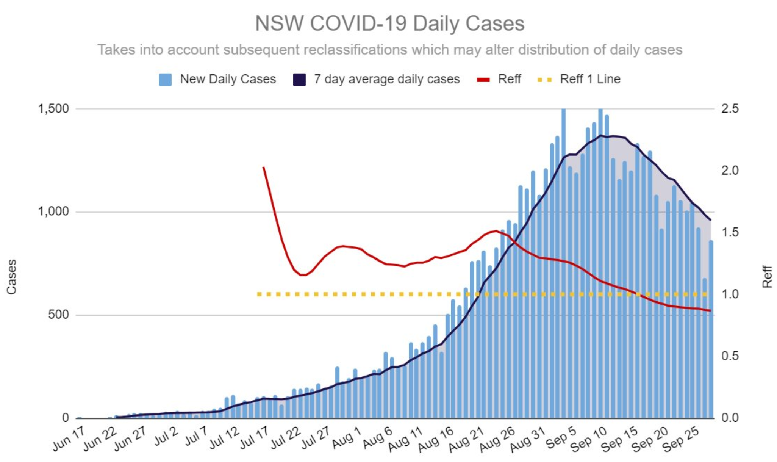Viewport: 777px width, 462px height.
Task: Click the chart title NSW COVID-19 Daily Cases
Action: (389, 23)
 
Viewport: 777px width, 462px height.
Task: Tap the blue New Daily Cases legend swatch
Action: (165, 80)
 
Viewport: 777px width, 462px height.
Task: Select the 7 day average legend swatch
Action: (299, 80)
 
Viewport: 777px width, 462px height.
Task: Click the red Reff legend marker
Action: (483, 80)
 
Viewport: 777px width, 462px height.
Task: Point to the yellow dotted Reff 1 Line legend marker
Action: (545, 80)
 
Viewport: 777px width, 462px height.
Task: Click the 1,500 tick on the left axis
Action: (53, 109)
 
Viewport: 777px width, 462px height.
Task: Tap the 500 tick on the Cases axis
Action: (58, 315)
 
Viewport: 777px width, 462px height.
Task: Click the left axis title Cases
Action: (12, 277)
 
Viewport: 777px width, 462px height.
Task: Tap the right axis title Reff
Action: (767, 277)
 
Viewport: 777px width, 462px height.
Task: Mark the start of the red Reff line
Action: (263, 167)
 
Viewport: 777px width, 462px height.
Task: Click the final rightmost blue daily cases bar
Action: (711, 330)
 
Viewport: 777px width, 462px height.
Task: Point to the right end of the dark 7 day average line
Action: (710, 220)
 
